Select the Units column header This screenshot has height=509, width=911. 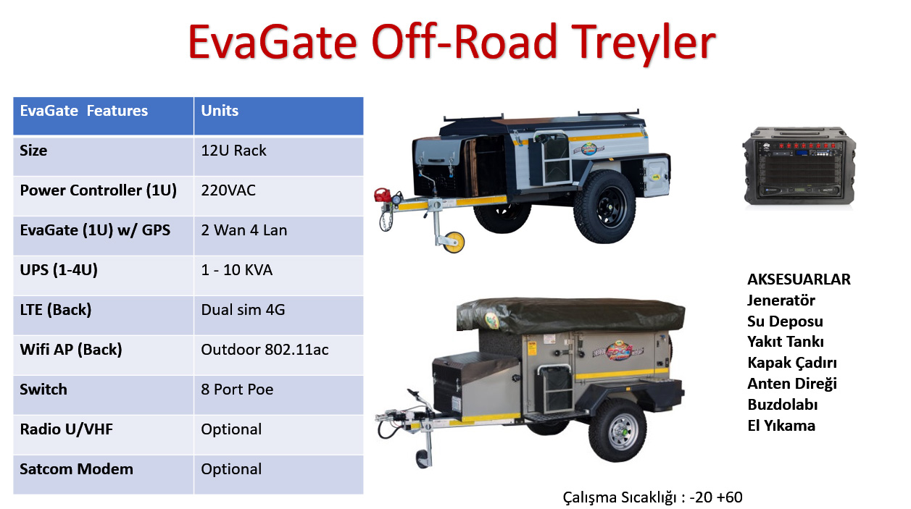220,111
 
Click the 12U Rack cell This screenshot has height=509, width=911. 233,151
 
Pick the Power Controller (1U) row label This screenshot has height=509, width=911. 99,190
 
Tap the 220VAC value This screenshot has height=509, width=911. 228,190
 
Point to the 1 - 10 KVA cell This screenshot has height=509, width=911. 237,270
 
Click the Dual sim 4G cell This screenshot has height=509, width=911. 243,310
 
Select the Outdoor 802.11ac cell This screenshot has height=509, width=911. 265,350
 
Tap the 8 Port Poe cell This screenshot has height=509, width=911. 237,390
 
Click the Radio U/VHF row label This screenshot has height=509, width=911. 67,429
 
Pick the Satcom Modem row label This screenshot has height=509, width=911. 77,469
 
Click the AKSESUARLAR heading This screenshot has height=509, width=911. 799,279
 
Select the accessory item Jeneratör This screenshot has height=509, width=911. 781,300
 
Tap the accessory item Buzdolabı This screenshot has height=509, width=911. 782,405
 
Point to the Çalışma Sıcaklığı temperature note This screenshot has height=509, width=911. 652,497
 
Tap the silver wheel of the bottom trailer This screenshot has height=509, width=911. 618,429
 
